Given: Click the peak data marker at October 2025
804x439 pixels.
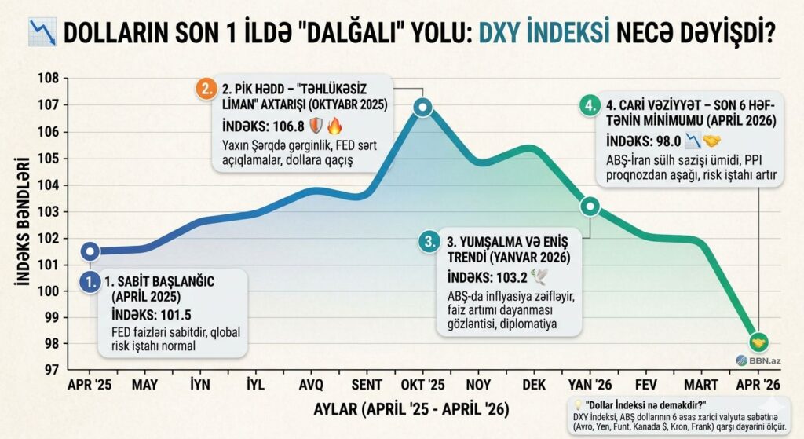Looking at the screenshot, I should coord(422,107).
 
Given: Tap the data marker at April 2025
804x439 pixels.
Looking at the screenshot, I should coord(91,251).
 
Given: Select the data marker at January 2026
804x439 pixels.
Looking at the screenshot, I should coord(590,207).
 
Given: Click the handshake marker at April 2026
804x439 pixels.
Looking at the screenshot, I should coord(758,342).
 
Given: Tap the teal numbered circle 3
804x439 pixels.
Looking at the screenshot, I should coord(429,243).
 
